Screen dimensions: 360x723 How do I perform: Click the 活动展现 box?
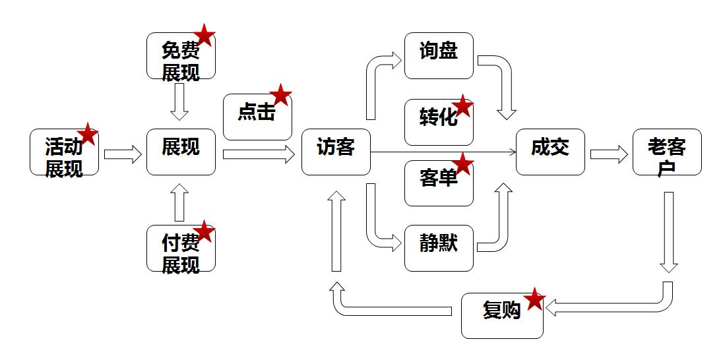tap(64, 152)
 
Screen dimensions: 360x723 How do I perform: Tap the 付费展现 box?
tap(180, 249)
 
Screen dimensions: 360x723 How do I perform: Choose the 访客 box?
tap(336, 152)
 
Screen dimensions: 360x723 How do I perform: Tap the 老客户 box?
tap(667, 152)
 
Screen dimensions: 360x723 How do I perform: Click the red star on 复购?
tap(534, 299)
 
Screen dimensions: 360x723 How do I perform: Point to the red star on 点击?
tap(280, 95)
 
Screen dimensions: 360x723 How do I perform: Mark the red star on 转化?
tap(462, 105)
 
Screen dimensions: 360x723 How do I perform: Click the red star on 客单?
tap(462, 164)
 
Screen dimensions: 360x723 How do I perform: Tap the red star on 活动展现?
tap(87, 135)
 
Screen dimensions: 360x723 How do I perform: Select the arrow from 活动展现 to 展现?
tap(123, 155)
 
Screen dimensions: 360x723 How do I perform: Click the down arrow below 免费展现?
tap(179, 103)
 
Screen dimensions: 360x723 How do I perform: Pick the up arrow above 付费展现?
tap(179, 202)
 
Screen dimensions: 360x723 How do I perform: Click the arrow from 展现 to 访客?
tap(258, 155)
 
